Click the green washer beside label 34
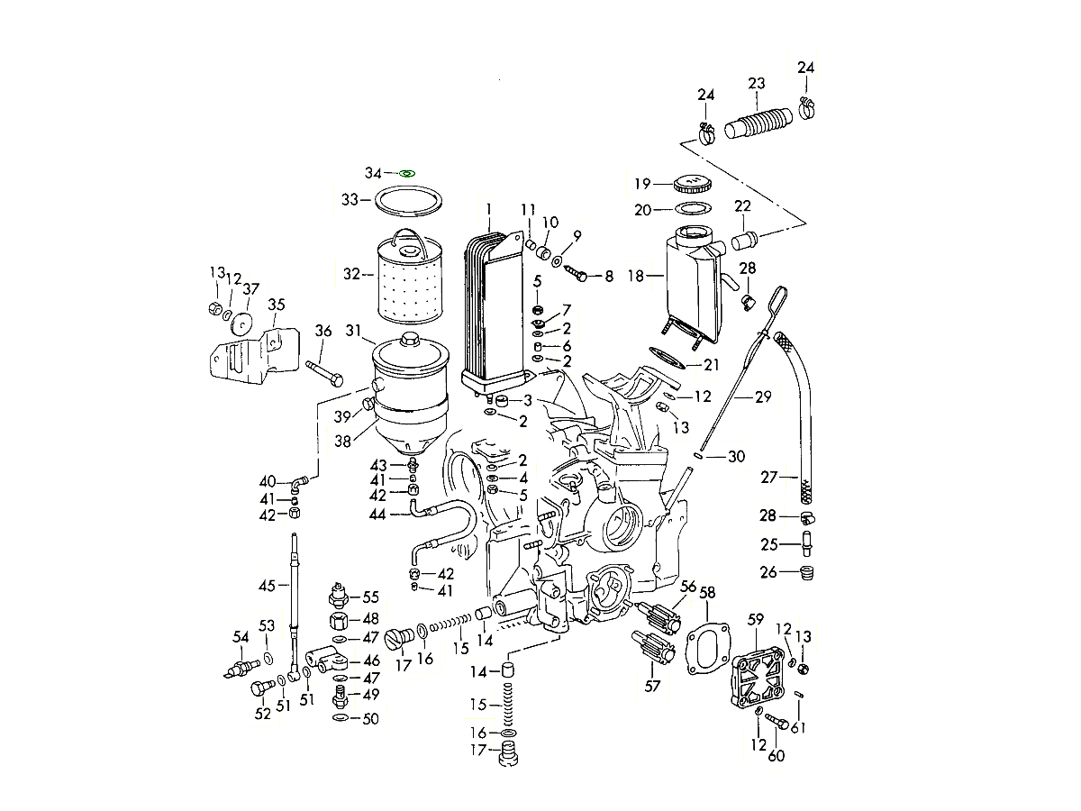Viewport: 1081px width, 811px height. tap(405, 172)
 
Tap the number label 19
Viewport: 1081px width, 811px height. tap(641, 184)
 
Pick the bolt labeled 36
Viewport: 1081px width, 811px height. tap(324, 371)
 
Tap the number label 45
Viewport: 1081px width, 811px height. tap(267, 586)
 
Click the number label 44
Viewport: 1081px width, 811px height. tap(377, 514)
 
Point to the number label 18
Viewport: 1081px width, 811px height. tap(637, 276)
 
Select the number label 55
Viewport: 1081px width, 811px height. tap(370, 597)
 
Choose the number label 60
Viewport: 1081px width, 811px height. tap(776, 755)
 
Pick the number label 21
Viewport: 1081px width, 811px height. tap(712, 364)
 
